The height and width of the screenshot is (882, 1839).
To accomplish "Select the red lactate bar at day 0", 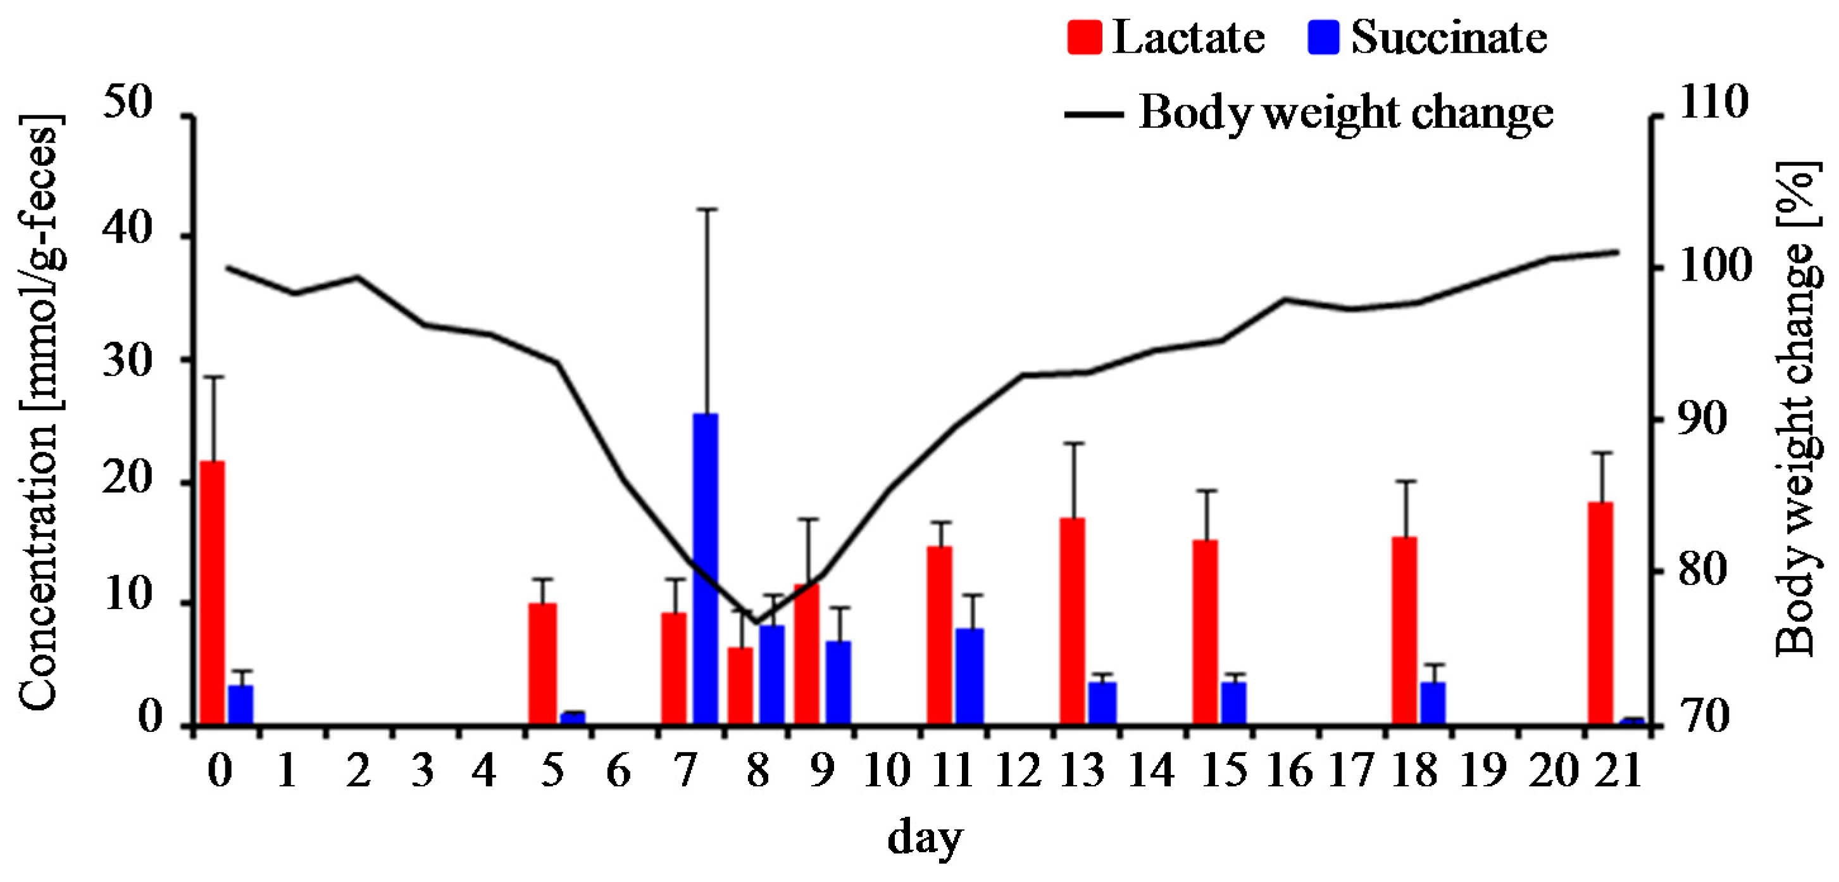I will coord(212,593).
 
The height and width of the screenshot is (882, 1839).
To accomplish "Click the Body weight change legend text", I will coord(1345,113).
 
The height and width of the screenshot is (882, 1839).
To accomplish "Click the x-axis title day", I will coord(925,837).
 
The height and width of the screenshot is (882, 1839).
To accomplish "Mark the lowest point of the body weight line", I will coord(756,622).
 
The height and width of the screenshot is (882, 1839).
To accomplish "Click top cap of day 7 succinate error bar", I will coord(706,209).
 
